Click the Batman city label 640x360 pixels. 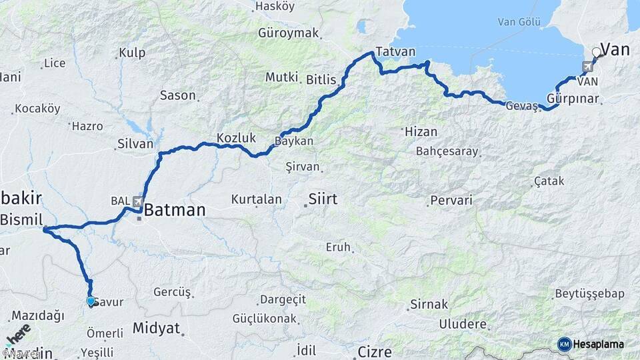click(x=175, y=211)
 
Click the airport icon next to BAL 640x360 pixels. click(x=138, y=201)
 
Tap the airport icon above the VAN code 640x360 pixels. click(x=587, y=67)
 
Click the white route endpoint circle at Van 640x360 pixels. click(x=597, y=52)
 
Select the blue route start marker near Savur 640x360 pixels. click(x=91, y=301)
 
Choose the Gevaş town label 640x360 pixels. click(x=521, y=106)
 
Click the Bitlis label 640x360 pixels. click(x=321, y=79)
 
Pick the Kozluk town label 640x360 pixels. click(x=236, y=138)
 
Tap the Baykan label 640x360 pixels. click(x=294, y=141)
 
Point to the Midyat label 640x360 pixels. click(x=157, y=327)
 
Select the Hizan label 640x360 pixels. click(x=421, y=132)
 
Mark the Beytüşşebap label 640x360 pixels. click(x=589, y=294)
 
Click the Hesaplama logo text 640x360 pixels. click(x=599, y=344)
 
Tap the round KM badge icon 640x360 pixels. click(x=564, y=344)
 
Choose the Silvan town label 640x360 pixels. click(x=135, y=143)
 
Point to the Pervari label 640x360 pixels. click(x=451, y=200)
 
